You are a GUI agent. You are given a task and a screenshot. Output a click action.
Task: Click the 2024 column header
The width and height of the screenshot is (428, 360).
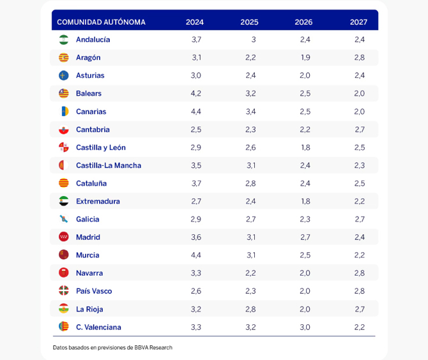pyautogui.click(x=195, y=22)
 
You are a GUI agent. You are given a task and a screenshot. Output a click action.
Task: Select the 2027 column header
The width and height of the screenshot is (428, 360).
pyautogui.click(x=358, y=22)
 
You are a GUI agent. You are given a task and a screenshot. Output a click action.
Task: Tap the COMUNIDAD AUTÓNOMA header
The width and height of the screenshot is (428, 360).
pyautogui.click(x=101, y=22)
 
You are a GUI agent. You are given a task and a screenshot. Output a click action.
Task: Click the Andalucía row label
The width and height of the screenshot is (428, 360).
pyautogui.click(x=93, y=40)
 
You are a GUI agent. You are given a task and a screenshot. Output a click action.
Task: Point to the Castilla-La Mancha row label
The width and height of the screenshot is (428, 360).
pyautogui.click(x=108, y=165)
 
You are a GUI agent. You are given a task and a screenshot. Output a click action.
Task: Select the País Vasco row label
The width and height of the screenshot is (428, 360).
pyautogui.click(x=93, y=291)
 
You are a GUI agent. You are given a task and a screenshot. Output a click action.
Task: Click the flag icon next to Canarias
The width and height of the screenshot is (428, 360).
pyautogui.click(x=64, y=111)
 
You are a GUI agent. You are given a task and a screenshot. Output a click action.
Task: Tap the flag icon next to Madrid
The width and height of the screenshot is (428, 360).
pyautogui.click(x=64, y=237)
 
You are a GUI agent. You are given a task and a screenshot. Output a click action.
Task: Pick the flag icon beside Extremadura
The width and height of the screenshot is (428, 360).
pyautogui.click(x=64, y=201)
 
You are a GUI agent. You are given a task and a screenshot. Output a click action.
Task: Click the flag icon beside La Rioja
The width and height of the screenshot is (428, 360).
pyautogui.click(x=64, y=309)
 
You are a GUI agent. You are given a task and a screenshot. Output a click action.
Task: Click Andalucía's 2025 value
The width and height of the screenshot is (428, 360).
pyautogui.click(x=253, y=40)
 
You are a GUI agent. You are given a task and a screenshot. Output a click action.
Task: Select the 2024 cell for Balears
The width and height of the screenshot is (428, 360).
pyautogui.click(x=196, y=93)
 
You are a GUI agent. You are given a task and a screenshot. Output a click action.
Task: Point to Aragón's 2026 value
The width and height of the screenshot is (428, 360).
pyautogui.click(x=305, y=57)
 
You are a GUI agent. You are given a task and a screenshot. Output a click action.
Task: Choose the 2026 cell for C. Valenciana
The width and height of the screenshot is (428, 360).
pyautogui.click(x=305, y=327)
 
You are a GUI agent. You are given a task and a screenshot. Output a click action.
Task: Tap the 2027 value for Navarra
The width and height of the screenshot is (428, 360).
pyautogui.click(x=360, y=273)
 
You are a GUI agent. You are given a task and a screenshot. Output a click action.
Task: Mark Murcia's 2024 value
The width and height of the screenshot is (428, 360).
pyautogui.click(x=196, y=255)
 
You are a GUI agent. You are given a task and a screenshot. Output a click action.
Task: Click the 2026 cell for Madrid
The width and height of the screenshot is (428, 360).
pyautogui.click(x=305, y=237)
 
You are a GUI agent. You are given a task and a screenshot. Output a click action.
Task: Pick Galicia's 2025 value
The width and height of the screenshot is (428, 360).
pyautogui.click(x=251, y=219)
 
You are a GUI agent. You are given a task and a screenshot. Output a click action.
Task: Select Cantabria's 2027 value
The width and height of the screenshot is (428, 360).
pyautogui.click(x=360, y=130)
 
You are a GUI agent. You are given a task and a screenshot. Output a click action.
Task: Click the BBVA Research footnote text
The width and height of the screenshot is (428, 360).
pyautogui.click(x=112, y=347)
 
